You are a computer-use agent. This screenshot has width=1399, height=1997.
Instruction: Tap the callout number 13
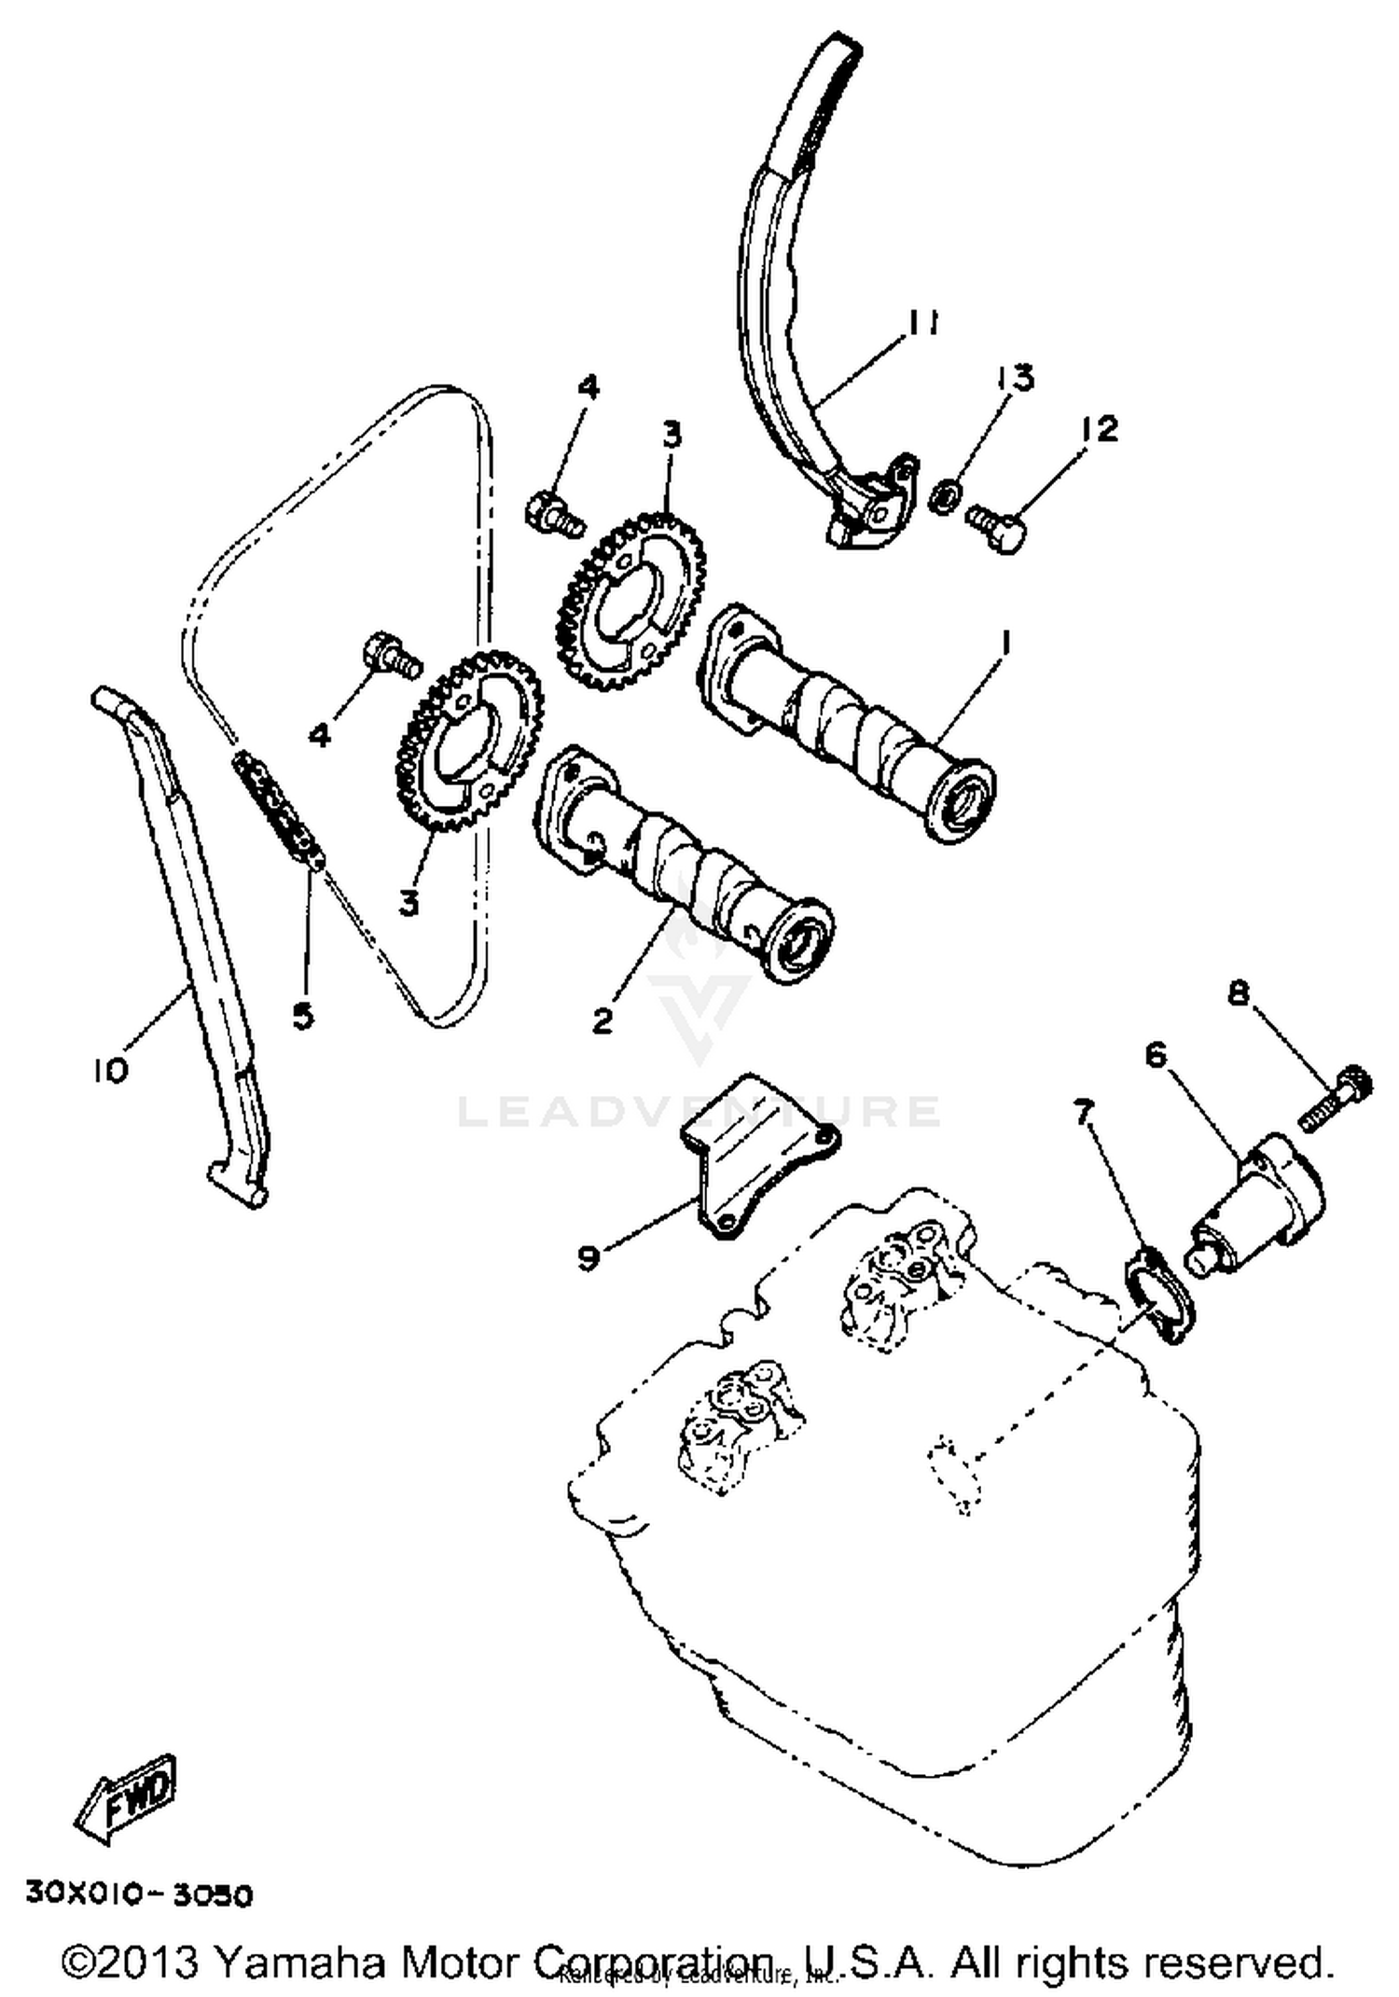[1015, 378]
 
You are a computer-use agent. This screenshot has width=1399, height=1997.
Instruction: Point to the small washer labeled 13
[945, 498]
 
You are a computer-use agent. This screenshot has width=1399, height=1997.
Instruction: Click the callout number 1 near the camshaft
[1004, 642]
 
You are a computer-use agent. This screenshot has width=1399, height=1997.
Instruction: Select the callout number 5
[303, 1015]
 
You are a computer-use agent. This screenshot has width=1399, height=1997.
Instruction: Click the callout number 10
[109, 1072]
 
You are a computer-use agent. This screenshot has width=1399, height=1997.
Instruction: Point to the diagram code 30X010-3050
[139, 1895]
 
